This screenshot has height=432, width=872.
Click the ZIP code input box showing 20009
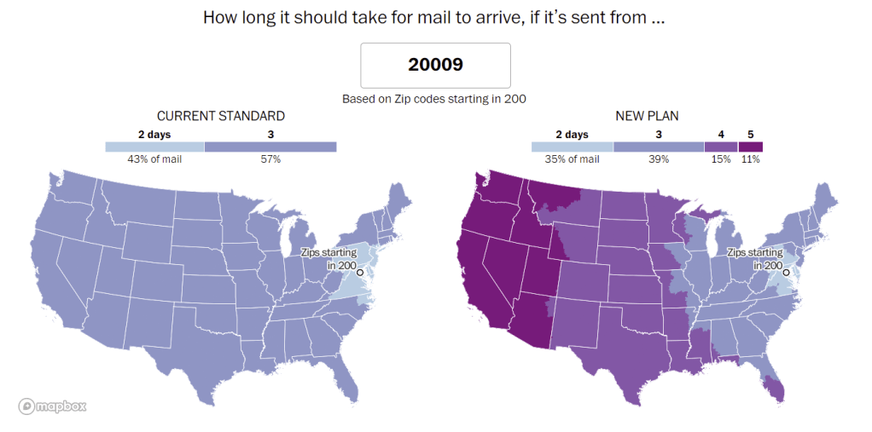(435, 65)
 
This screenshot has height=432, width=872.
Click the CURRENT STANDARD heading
(220, 116)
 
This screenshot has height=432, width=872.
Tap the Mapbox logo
(52, 406)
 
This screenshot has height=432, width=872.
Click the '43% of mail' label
(154, 159)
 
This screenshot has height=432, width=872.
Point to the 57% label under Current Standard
(270, 159)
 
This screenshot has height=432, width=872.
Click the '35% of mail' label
(572, 159)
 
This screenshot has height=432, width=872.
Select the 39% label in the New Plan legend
(659, 159)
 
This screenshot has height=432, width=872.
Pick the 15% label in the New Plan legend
(721, 159)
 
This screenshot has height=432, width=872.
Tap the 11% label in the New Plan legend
(751, 159)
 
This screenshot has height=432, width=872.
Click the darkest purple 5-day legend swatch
(751, 147)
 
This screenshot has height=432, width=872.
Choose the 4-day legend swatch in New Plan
(721, 147)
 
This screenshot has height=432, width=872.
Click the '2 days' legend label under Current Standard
(154, 135)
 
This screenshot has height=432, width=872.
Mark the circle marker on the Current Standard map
(360, 272)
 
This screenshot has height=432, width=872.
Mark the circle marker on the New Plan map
(786, 272)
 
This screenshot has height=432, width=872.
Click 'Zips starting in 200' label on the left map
(328, 259)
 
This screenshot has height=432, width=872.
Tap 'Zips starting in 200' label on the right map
(754, 259)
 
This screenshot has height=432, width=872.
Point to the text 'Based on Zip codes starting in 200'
(434, 99)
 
